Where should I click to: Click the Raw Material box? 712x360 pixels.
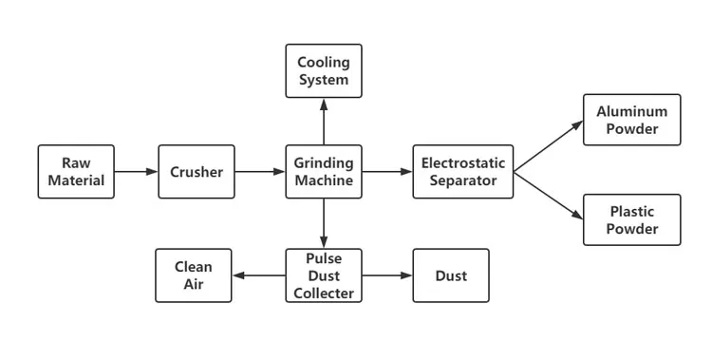tap(76, 172)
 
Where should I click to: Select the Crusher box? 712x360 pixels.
tap(196, 172)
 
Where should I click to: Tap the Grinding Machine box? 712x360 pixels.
tap(324, 172)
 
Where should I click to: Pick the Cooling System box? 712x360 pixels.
tap(324, 72)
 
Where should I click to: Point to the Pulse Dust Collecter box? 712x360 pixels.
tap(324, 275)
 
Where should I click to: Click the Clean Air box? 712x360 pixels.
tap(194, 275)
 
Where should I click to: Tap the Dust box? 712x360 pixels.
tap(451, 275)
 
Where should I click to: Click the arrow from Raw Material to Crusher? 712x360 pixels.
tap(136, 172)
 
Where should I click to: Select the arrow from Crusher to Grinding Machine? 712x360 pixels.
tap(259, 172)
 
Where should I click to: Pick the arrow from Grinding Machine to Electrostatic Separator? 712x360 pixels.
tap(387, 172)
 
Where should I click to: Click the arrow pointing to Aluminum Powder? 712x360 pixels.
tap(548, 147)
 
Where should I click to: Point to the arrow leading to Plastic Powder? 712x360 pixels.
tap(548, 196)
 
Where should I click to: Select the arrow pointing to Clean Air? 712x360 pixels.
tap(259, 275)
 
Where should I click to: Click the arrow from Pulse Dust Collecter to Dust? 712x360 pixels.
tap(387, 275)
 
